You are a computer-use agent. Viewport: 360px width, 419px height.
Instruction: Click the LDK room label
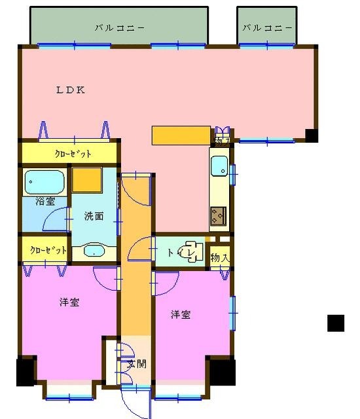coord(70,90)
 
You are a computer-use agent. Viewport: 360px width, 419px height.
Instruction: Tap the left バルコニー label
coord(119,27)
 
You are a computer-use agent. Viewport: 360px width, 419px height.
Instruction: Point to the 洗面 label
coord(93,215)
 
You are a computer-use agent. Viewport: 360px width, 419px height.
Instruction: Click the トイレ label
coord(179,252)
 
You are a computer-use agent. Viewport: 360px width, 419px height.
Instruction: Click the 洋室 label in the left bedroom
coord(69,302)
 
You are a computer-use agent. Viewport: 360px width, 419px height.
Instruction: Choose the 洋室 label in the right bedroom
coord(181,315)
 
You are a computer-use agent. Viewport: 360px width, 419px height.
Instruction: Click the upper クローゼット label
coord(72,153)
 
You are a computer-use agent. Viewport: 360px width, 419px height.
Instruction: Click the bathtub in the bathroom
coord(44,182)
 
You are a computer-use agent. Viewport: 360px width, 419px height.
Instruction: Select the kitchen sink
coord(219,168)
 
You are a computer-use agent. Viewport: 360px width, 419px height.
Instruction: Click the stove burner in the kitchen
coord(217,215)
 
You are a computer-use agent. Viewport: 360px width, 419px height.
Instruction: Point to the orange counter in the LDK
coord(181,134)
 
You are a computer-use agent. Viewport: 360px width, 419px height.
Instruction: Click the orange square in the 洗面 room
coord(86,179)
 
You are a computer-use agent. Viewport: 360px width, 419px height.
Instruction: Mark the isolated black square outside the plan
coord(336,323)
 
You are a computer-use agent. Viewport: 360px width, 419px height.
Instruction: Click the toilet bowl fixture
coord(193,252)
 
